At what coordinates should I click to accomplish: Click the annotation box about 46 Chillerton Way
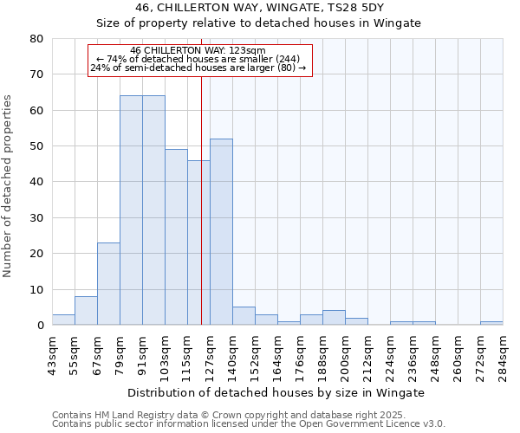(x=199, y=60)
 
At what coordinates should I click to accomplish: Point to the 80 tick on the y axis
(x=36, y=39)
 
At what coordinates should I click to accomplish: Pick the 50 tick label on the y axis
(x=36, y=146)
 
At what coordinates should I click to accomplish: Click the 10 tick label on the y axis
(x=36, y=289)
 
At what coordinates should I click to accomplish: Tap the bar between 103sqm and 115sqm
(x=176, y=237)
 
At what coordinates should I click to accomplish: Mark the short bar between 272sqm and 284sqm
(x=491, y=323)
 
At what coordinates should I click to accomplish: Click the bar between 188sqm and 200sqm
(x=334, y=318)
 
